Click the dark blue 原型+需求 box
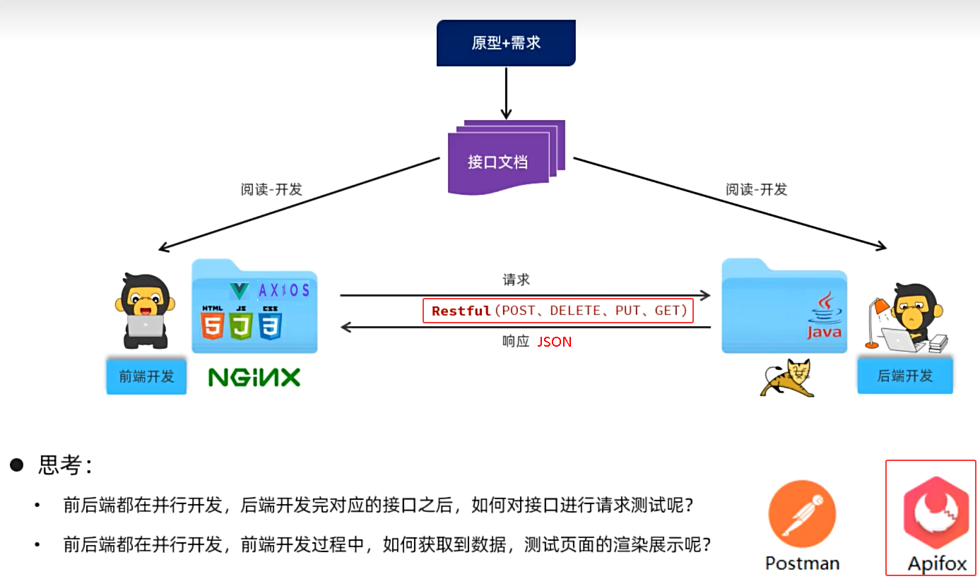pyautogui.click(x=506, y=42)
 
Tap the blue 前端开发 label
pyautogui.click(x=146, y=376)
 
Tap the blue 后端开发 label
pyautogui.click(x=905, y=376)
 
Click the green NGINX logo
pyautogui.click(x=254, y=377)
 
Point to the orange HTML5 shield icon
pyautogui.click(x=213, y=325)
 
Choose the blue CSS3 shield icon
pyautogui.click(x=271, y=325)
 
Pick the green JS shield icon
pyautogui.click(x=242, y=325)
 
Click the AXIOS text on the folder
pyautogui.click(x=284, y=290)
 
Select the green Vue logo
pyautogui.click(x=240, y=290)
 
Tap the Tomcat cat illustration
pyautogui.click(x=787, y=378)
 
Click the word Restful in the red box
pyautogui.click(x=461, y=311)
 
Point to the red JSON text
pyautogui.click(x=555, y=342)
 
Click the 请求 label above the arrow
pyautogui.click(x=516, y=280)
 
